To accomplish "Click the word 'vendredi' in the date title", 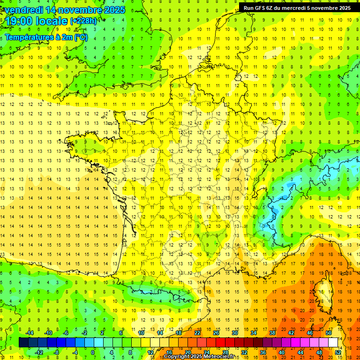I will click(x=25, y=10).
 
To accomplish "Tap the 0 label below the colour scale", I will click(x=93, y=352).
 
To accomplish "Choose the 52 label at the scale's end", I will click(x=338, y=352).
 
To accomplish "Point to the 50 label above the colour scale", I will click(x=329, y=333).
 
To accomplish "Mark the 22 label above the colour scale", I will click(x=197, y=333).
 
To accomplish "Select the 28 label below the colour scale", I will click(x=225, y=352).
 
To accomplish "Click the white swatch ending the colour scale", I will click(x=333, y=342).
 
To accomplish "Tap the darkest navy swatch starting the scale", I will click(x=23, y=342).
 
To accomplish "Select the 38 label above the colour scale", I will click(x=272, y=333).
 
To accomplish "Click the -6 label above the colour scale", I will click(x=66, y=333).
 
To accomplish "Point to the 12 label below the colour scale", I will click(x=150, y=352).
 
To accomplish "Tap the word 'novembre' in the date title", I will click(x=83, y=10).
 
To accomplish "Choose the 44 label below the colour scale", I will click(x=300, y=352).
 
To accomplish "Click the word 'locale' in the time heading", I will click(x=52, y=21).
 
